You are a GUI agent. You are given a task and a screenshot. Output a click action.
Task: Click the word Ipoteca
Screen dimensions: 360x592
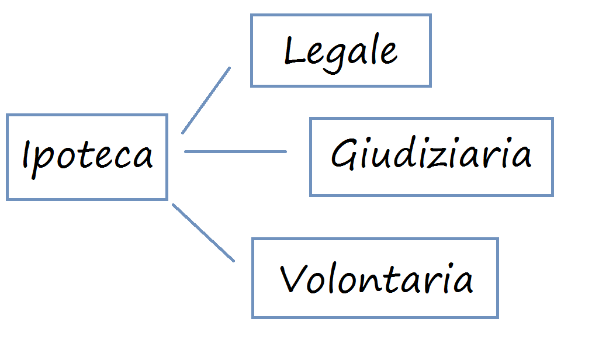pos(87,155)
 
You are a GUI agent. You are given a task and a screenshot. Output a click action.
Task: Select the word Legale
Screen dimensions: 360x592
pos(341,51)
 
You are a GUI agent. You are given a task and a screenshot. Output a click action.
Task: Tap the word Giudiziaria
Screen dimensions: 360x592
pos(431,155)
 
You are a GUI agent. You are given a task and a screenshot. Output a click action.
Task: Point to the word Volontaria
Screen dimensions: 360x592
pos(376,279)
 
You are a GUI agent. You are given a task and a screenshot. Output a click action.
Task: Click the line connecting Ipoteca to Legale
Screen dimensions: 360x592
pos(206,101)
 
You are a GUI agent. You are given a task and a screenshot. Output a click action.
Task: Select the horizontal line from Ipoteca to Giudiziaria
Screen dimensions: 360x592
pos(236,151)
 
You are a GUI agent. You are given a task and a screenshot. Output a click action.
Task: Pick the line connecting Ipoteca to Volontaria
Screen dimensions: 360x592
pos(203,232)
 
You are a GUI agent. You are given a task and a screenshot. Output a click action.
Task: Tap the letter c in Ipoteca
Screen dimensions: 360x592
pos(122,158)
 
